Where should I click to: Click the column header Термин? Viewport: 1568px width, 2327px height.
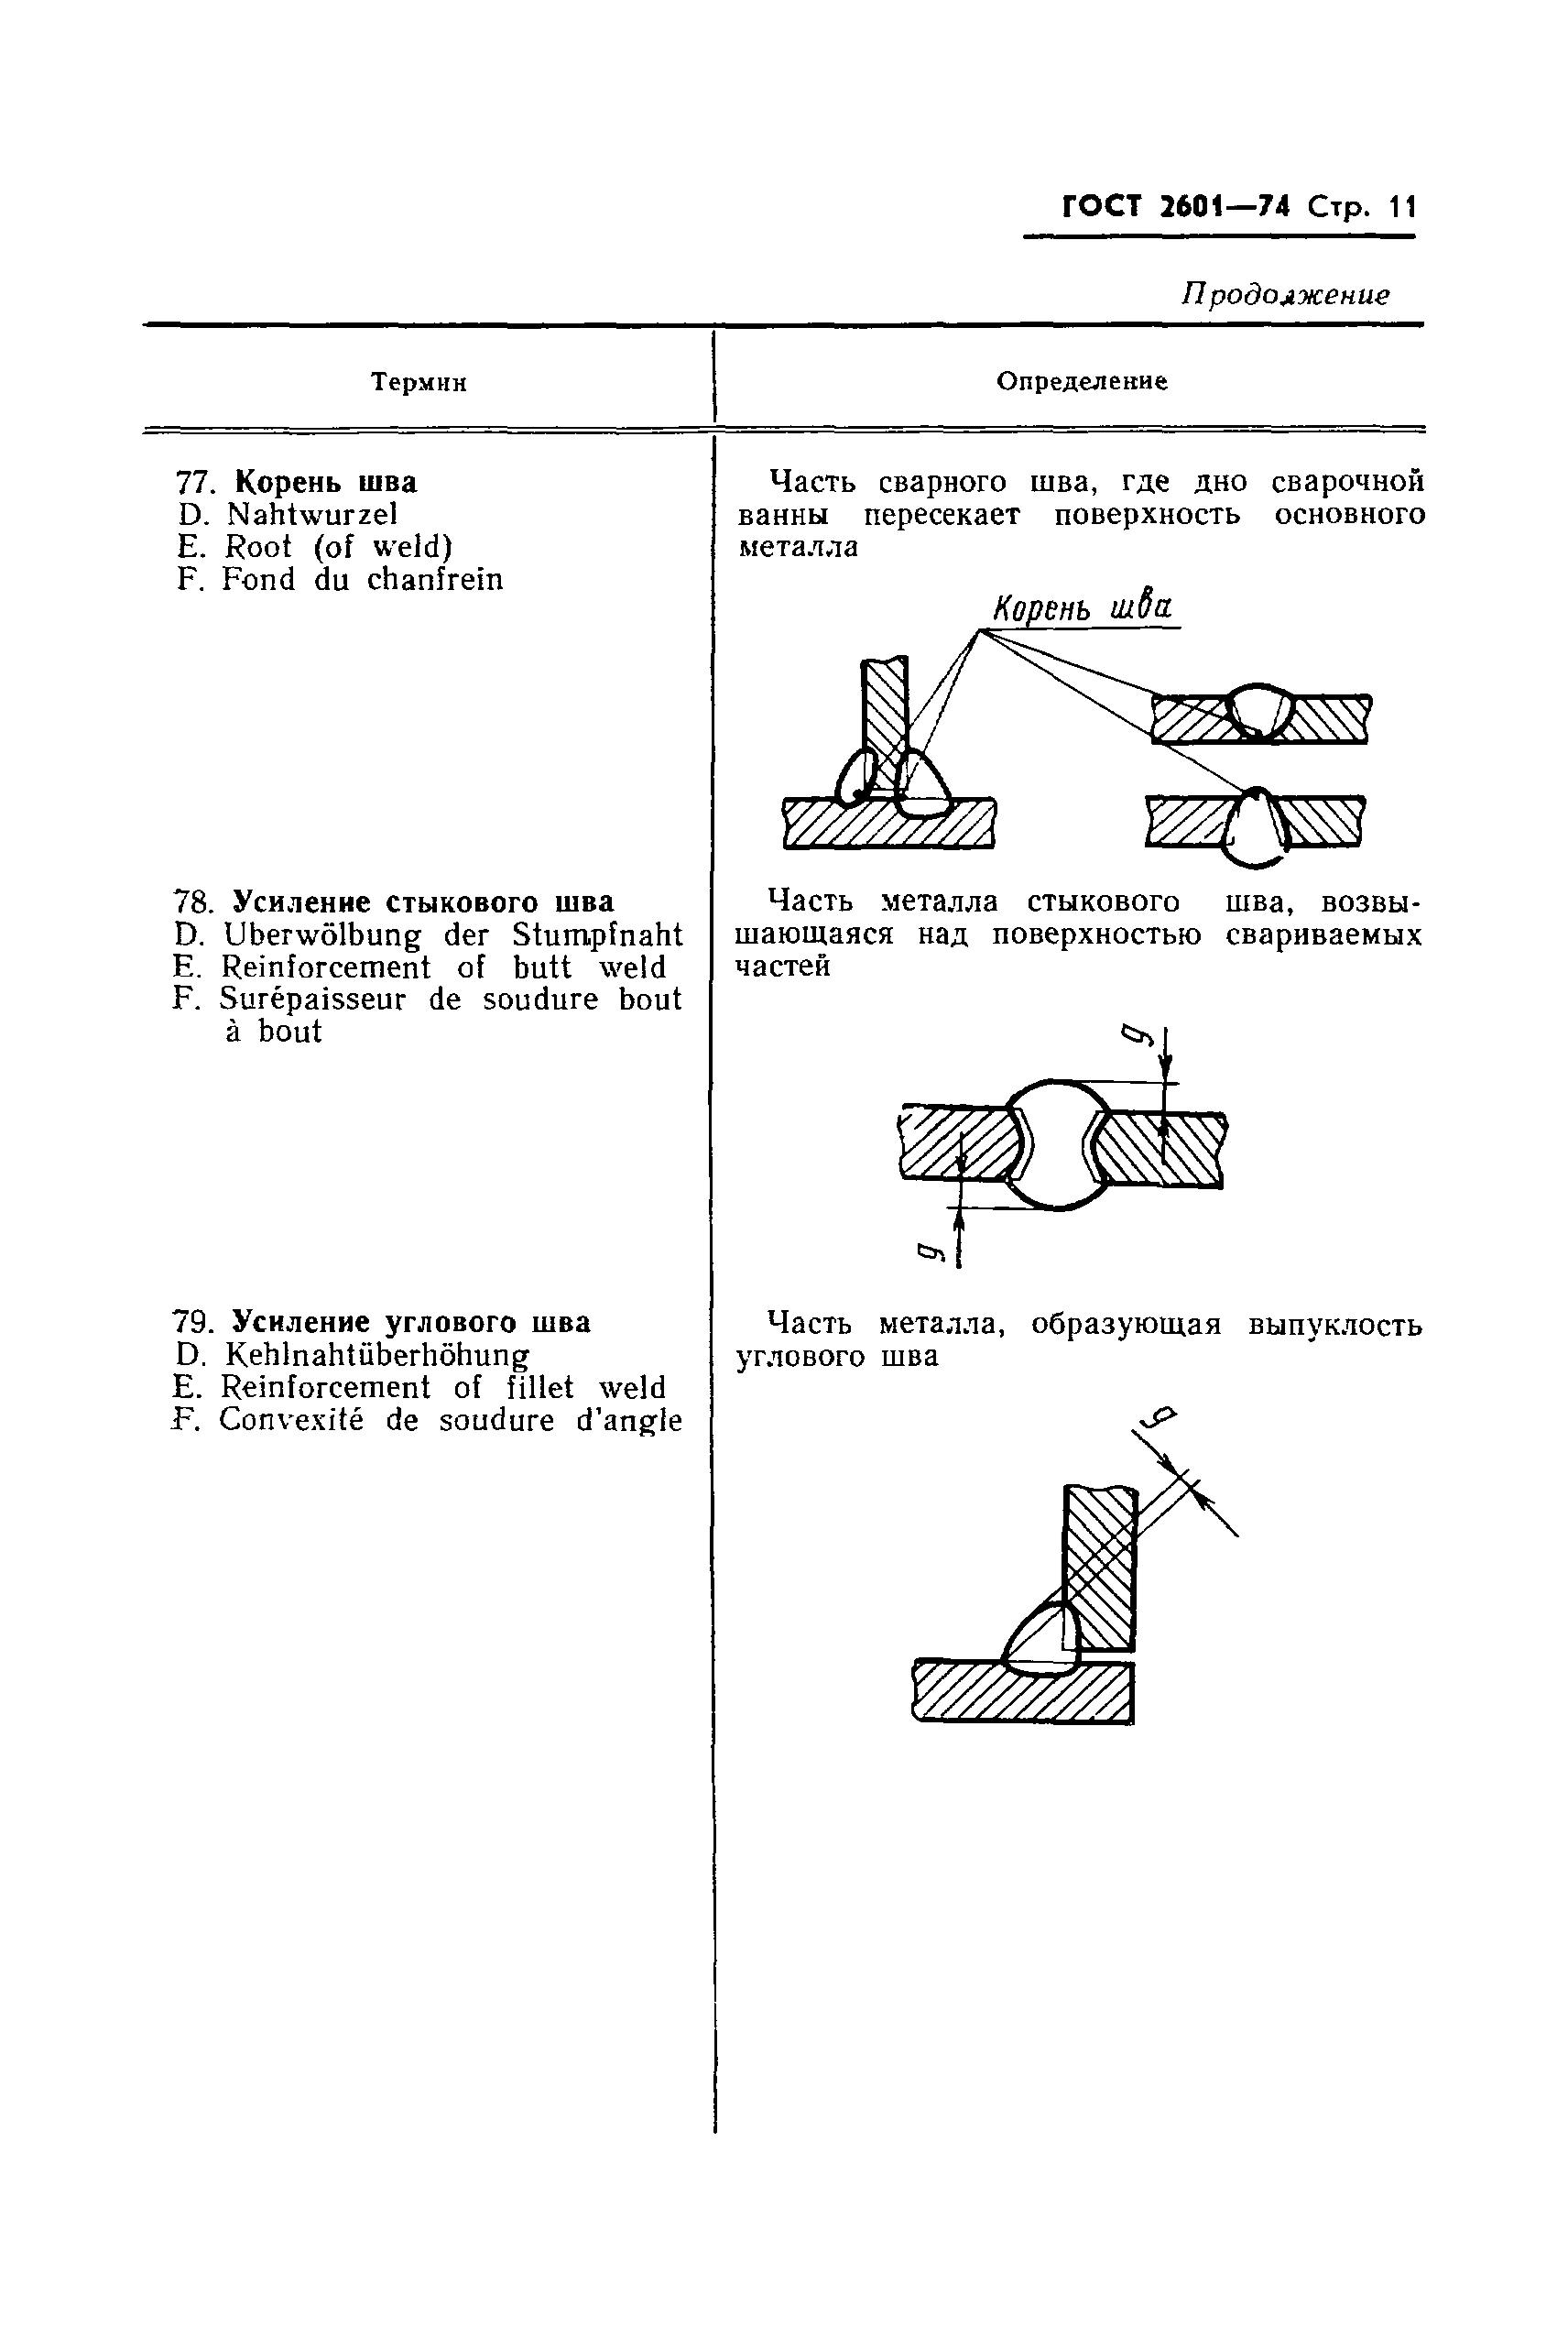[x=418, y=382]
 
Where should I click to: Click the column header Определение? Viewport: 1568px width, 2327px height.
[x=1082, y=381]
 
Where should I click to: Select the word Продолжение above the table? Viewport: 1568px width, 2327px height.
[x=1285, y=295]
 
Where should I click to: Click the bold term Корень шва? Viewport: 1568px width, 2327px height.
[x=325, y=482]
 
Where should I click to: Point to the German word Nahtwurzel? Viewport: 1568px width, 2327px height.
[x=312, y=514]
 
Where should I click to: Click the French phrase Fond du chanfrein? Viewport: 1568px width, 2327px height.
[x=362, y=579]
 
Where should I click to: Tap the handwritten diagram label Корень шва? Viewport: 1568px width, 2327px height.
[x=1082, y=607]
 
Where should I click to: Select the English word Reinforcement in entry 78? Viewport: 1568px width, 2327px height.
[x=326, y=967]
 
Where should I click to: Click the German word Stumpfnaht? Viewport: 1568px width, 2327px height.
[x=597, y=935]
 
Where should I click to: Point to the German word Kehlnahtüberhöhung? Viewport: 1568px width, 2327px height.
[x=377, y=1355]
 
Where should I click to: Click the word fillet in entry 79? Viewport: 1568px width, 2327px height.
[x=540, y=1387]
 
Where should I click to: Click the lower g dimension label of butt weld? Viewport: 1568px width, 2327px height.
[x=929, y=1251]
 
